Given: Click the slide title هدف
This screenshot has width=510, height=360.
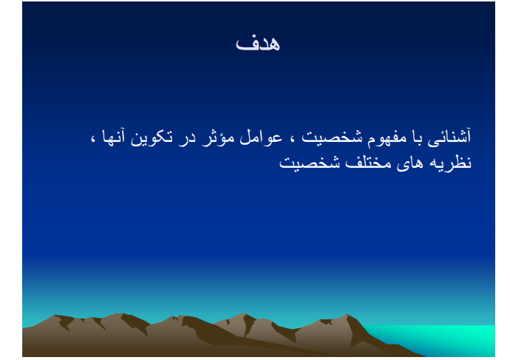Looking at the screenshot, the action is [258, 44].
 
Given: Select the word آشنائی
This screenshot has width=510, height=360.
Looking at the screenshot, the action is [449, 136].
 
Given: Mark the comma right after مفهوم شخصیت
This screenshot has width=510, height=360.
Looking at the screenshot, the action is [292, 140].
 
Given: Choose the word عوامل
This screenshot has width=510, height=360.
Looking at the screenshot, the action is [261, 138].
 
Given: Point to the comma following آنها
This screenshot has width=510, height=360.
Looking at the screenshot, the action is [93, 140].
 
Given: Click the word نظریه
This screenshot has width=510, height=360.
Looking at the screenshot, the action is [450, 162].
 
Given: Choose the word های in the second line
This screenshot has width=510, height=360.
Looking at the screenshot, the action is [410, 163].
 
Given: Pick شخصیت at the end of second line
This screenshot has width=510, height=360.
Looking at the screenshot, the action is [309, 162].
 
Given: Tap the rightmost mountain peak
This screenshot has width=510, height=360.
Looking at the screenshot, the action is [346, 315].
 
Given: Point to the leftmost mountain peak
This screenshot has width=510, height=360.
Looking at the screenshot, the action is [56, 316].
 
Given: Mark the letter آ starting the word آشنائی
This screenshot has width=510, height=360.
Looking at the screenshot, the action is [468, 136].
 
